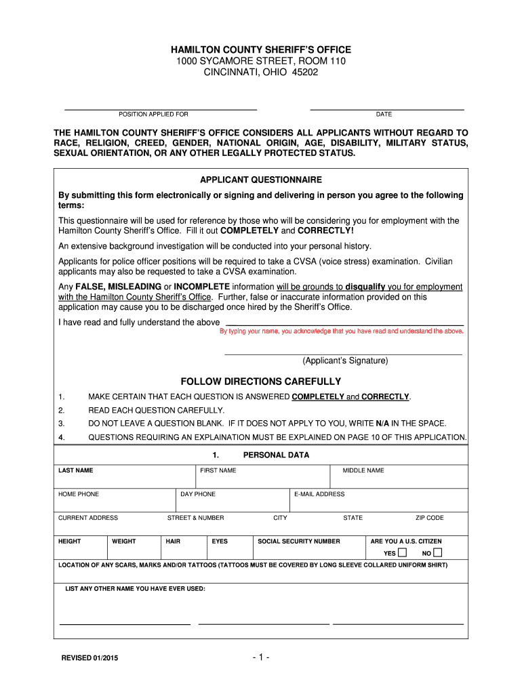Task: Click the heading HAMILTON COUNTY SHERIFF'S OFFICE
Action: (260, 50)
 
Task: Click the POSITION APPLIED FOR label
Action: (153, 115)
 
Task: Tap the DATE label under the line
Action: (384, 115)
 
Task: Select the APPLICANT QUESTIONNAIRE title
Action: (260, 180)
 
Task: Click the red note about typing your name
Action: (342, 331)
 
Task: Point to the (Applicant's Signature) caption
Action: (345, 361)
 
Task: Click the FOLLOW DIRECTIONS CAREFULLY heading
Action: (260, 382)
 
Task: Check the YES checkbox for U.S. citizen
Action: (403, 552)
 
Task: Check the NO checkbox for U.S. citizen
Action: (437, 552)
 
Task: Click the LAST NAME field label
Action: (76, 470)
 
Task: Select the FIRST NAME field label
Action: (218, 470)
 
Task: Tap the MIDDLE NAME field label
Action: (363, 470)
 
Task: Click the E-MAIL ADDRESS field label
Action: (319, 494)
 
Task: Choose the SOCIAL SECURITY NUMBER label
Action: (299, 542)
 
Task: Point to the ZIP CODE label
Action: (429, 518)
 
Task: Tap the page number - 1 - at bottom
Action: (260, 657)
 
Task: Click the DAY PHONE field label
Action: (198, 494)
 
